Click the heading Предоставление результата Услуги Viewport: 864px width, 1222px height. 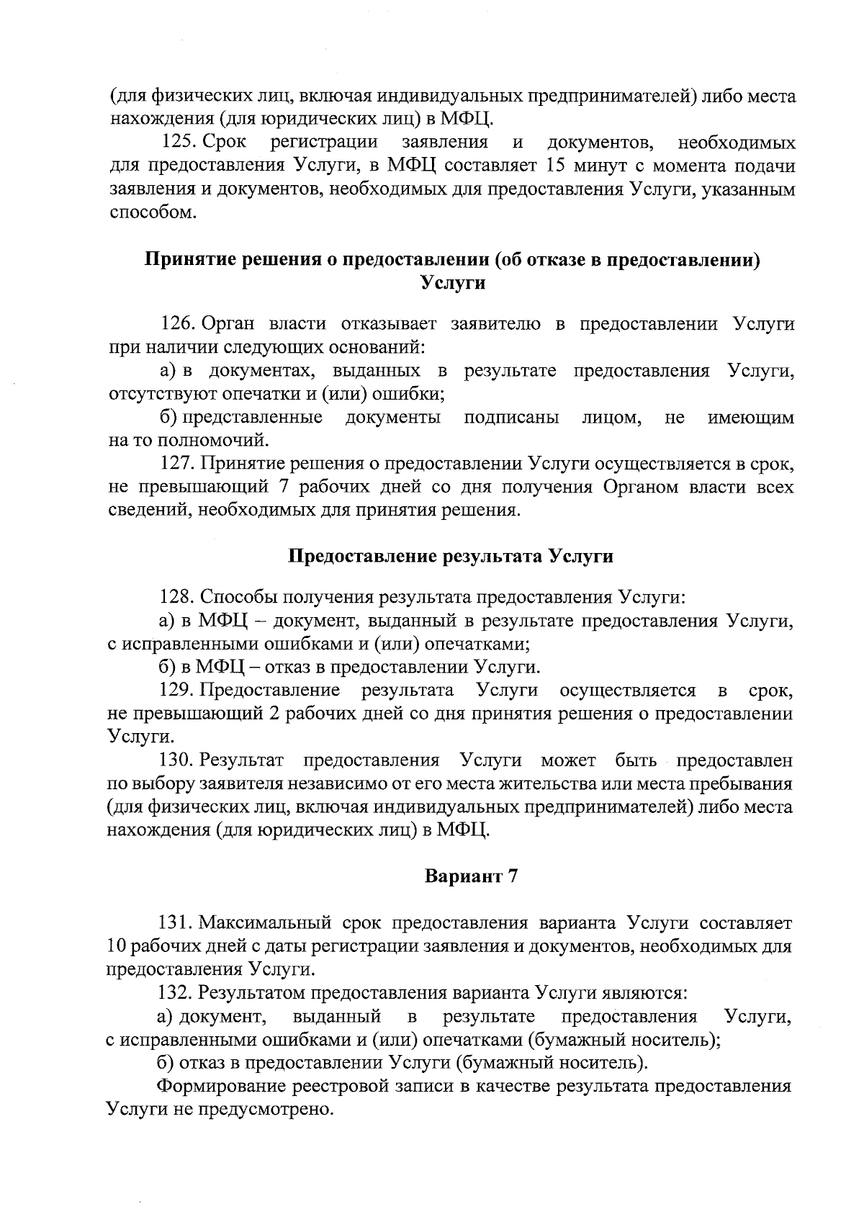point(451,556)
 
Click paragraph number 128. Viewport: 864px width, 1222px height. point(176,597)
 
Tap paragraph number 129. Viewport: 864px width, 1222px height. point(176,691)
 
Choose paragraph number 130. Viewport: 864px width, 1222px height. point(176,760)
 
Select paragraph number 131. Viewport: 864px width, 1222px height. point(176,923)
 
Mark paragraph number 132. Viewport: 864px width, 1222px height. point(176,993)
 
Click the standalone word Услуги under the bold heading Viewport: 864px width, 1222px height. point(452,283)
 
